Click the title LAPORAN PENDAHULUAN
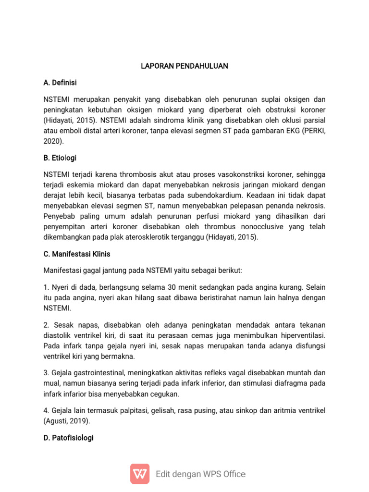tap(184, 66)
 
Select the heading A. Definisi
tap(60, 83)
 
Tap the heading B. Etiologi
tap(60, 158)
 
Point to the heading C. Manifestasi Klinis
tap(77, 254)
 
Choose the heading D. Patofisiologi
tap(68, 438)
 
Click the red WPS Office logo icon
tap(140, 474)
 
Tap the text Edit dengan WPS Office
tap(200, 474)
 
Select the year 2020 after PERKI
tap(52, 142)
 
